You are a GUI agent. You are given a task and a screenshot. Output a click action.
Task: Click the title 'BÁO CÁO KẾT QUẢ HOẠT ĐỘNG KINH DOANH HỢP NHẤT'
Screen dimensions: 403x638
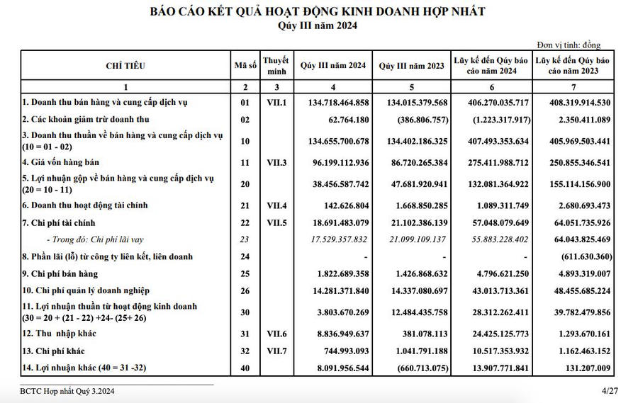point(318,11)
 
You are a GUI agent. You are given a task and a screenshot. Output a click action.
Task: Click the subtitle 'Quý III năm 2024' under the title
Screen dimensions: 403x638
point(318,26)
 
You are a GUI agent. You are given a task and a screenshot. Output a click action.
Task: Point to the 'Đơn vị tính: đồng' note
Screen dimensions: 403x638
point(569,45)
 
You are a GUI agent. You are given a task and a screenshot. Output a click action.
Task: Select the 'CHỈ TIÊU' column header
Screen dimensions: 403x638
point(125,66)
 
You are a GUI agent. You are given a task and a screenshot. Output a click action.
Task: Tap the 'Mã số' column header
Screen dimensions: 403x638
point(245,66)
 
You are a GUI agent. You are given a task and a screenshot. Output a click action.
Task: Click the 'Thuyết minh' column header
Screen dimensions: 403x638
point(276,66)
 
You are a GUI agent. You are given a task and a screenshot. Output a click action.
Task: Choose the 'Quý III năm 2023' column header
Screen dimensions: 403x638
point(413,66)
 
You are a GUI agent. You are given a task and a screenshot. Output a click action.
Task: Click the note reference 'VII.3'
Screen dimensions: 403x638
point(276,163)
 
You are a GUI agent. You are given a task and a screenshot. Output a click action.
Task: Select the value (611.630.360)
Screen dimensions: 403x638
point(578,256)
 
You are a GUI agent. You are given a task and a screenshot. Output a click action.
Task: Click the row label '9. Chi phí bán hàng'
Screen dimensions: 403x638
point(60,273)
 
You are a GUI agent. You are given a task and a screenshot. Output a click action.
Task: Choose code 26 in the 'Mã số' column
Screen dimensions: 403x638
point(245,290)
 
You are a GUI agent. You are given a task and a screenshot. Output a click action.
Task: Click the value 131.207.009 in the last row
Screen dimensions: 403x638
point(583,368)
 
